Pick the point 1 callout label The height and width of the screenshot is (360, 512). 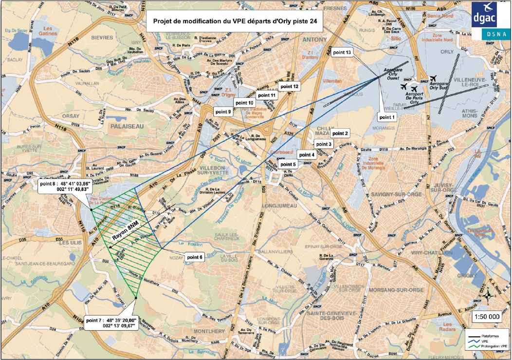coord(387,117)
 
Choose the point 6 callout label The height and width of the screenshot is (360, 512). coord(195,257)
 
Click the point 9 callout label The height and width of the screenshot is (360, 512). coord(223,112)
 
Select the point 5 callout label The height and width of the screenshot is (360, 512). coord(288,165)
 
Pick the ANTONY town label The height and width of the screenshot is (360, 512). coord(315,39)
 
